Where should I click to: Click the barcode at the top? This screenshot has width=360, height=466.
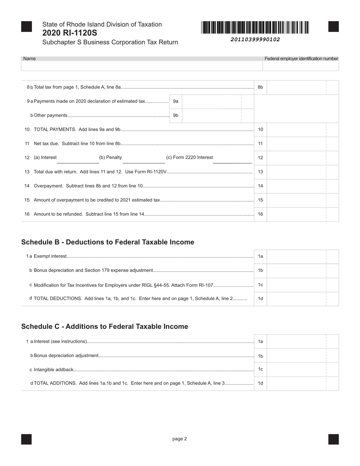coord(255,28)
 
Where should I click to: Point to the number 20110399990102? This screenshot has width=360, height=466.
coord(255,39)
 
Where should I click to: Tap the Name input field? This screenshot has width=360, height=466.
coord(142,66)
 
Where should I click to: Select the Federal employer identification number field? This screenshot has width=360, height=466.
coord(301,66)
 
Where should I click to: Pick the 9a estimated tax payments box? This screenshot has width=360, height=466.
coord(212,102)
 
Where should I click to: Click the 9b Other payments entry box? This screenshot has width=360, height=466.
coord(212,116)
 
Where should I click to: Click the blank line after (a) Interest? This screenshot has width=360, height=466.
coord(78,161)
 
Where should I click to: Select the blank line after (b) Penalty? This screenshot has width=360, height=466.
coord(144,161)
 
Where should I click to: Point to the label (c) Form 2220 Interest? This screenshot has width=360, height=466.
coord(189,158)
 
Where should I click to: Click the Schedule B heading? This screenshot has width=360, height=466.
coord(108,242)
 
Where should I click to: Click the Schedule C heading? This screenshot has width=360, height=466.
coord(105,327)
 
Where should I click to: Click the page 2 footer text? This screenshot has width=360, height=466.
coord(180,439)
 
